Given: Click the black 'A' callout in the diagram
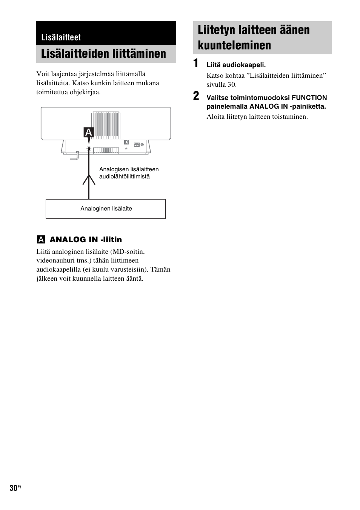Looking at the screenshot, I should coord(88,132).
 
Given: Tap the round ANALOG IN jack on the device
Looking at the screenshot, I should coord(89,149).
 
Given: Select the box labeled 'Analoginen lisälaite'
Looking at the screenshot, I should coord(106,209).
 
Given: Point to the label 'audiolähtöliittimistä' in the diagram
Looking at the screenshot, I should coord(125,177).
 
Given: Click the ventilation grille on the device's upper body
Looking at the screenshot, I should coord(106,124).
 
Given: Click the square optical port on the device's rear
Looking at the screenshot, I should coord(126,143).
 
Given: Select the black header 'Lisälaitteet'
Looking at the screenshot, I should coord(61,37).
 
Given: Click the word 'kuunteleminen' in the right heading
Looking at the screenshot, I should coord(234,45).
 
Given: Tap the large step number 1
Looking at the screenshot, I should coord(196,64).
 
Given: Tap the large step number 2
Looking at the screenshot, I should coord(196,96).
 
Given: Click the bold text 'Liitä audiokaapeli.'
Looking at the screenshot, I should coord(236,65).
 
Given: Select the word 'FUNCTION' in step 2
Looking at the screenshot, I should coord(309,98).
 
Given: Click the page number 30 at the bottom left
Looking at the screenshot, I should coord(14,488).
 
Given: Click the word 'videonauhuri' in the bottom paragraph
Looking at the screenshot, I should coord(54,260).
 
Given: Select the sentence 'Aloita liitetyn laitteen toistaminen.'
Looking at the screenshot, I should coord(257,117).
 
